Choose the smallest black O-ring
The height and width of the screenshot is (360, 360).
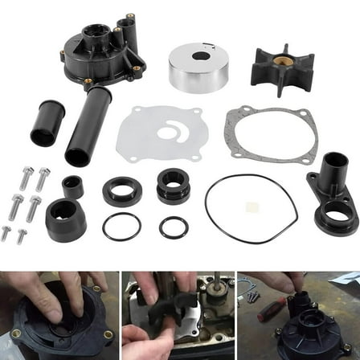point(174,227)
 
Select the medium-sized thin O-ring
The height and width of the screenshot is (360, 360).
point(121,227)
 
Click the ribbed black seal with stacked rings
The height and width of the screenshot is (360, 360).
point(173,186)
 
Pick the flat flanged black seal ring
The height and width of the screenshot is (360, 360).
point(122,190)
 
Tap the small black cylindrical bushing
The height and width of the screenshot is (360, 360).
point(72,186)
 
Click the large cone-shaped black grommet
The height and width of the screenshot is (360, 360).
point(66,219)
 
